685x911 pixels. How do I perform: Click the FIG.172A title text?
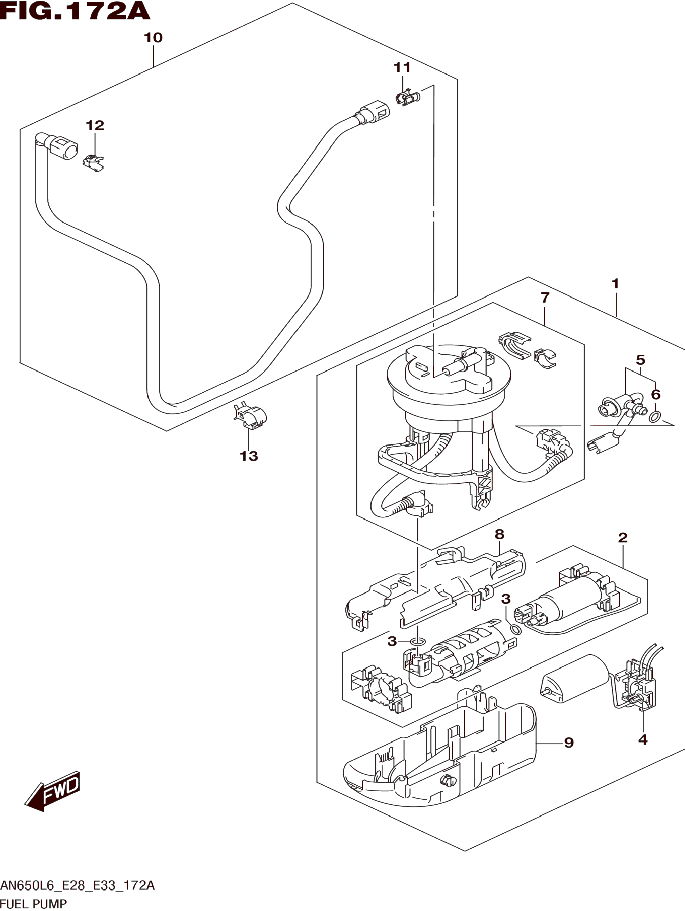coord(75,11)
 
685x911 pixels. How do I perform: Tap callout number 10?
coord(153,38)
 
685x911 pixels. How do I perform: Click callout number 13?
coord(249,456)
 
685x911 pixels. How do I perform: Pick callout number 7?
coord(545,297)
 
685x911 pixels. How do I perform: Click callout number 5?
coord(640,360)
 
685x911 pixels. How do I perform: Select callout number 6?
coord(656,395)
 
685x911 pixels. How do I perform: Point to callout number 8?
coord(499,534)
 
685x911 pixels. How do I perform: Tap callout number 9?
coord(569,742)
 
